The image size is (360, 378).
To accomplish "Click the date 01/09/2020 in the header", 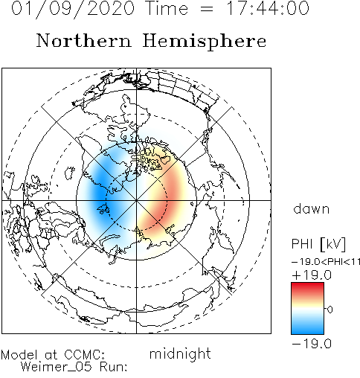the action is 73,9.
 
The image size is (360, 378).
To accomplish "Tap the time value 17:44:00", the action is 269,8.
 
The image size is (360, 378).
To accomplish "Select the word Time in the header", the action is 167,8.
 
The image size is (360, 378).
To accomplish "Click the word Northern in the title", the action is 84,41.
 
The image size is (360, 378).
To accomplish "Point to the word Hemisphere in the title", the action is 205,42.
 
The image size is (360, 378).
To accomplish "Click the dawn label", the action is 312,209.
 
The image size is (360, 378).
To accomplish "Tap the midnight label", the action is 180,354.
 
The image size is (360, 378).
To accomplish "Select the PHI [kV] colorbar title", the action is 318,244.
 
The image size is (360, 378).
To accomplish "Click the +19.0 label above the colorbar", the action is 312,275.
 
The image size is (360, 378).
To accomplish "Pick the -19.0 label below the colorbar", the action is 312,344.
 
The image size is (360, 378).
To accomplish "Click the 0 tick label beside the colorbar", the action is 330,310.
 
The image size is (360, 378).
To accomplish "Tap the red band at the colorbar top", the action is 307,288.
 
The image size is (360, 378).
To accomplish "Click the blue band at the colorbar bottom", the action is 307,329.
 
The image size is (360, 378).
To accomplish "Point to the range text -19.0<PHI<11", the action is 326,262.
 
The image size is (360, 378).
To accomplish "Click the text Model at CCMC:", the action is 53,355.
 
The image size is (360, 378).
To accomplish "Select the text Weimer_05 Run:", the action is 74,367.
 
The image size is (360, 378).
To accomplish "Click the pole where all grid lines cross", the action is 136,200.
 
